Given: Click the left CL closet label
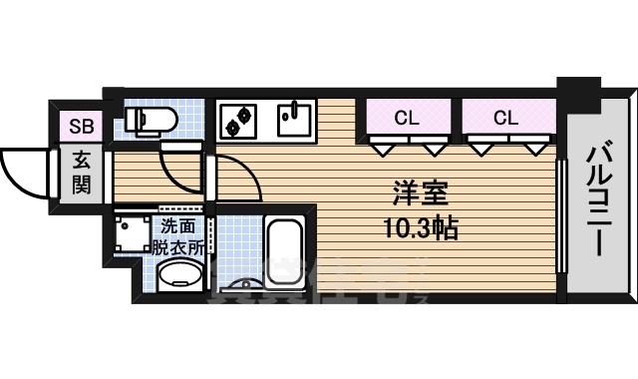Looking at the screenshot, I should [x=405, y=118].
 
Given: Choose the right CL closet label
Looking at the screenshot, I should [x=505, y=118].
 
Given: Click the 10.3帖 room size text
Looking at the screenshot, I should [x=419, y=228].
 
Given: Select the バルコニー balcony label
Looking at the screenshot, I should [x=598, y=199].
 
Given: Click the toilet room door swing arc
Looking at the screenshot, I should [x=182, y=170].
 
